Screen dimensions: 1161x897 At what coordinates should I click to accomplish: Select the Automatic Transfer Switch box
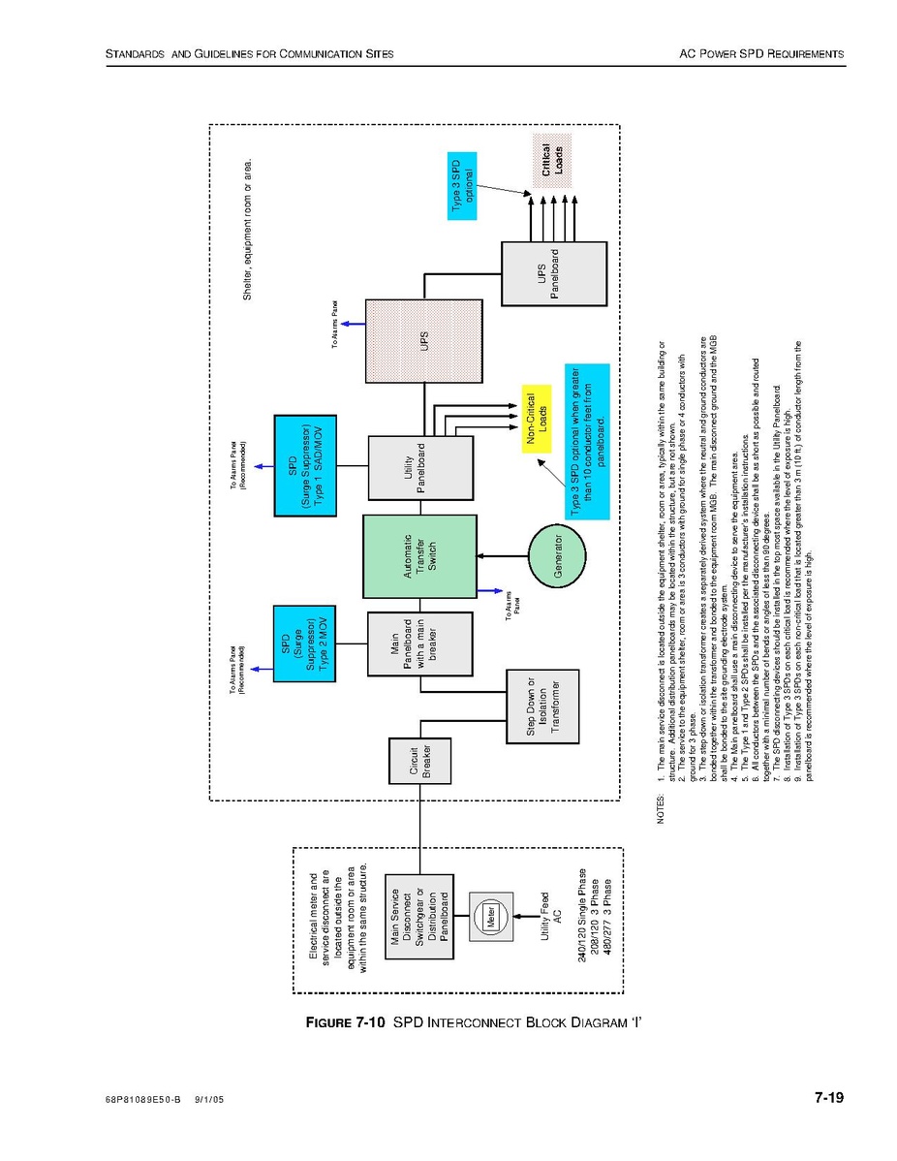[x=419, y=556]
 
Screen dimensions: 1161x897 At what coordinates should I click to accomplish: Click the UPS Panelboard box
[x=554, y=274]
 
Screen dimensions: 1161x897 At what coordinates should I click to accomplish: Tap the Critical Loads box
[x=553, y=160]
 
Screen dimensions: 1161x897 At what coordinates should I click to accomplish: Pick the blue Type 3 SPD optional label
[x=462, y=186]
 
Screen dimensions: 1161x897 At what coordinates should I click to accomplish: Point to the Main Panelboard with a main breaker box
[x=419, y=644]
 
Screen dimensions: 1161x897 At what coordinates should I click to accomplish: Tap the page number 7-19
[x=829, y=1098]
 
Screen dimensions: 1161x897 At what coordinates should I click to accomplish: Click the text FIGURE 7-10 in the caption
[x=346, y=1022]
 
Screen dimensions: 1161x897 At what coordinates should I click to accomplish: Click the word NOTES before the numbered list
[x=661, y=808]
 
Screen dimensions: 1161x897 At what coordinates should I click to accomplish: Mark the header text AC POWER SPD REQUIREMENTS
[x=761, y=53]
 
